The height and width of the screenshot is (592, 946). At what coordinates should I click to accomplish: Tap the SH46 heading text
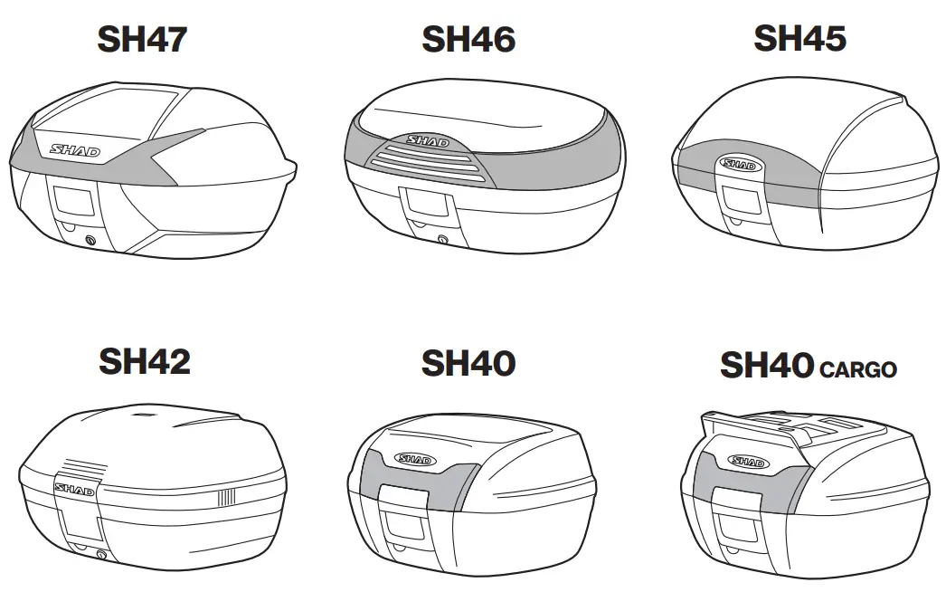tap(468, 41)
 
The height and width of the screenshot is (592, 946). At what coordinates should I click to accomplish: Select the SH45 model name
tap(799, 39)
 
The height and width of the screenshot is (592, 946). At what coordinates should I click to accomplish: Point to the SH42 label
tap(145, 362)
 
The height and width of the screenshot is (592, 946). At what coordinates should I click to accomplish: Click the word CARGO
tap(857, 369)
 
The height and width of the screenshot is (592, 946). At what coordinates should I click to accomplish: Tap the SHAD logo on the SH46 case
tap(428, 142)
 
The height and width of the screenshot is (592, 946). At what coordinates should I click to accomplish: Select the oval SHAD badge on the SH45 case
tap(737, 165)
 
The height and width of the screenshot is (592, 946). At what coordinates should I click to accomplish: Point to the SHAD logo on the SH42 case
tap(71, 489)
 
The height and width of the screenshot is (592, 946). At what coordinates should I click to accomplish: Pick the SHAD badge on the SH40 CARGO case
tap(747, 462)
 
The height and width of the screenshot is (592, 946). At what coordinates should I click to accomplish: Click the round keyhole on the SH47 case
tap(90, 239)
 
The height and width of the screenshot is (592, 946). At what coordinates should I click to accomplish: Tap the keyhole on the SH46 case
tap(441, 240)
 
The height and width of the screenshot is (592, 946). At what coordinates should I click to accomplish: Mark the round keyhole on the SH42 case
tap(100, 553)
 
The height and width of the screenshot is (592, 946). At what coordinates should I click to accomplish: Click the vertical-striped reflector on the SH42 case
tap(223, 497)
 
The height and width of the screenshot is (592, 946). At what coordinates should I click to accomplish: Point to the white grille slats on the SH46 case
tap(422, 165)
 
